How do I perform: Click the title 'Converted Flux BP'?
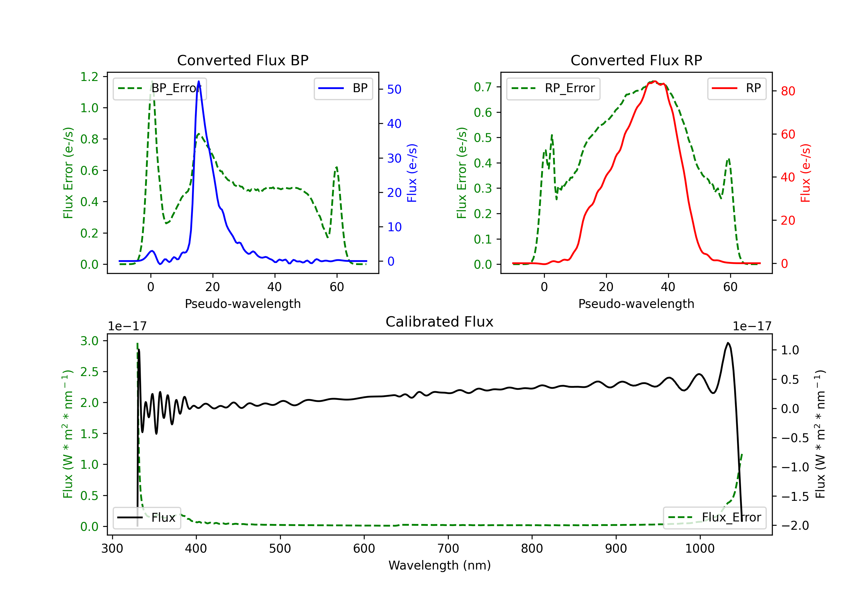pyautogui.click(x=243, y=60)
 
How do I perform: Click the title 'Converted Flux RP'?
pyautogui.click(x=636, y=60)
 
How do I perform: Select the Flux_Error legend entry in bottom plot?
pyautogui.click(x=714, y=518)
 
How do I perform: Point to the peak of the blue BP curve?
pyautogui.click(x=198, y=82)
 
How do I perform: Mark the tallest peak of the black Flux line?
pyautogui.click(x=728, y=343)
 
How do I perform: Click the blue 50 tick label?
pyautogui.click(x=394, y=89)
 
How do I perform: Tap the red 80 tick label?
pyautogui.click(x=788, y=91)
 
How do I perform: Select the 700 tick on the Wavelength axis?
pyautogui.click(x=448, y=549)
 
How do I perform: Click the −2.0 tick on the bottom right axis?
pyautogui.click(x=795, y=526)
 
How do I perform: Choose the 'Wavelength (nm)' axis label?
pyautogui.click(x=440, y=565)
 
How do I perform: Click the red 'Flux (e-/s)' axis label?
pyautogui.click(x=805, y=173)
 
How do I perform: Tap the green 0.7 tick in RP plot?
pyautogui.click(x=483, y=87)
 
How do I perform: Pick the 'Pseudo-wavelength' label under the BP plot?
pyautogui.click(x=243, y=304)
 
